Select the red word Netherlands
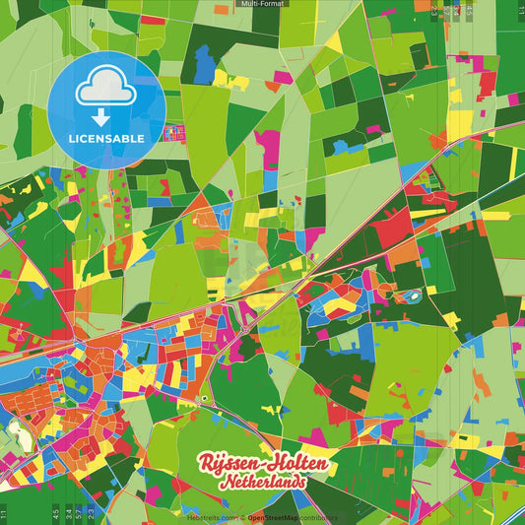pos(264,483)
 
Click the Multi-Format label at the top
pos(262,4)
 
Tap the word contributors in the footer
pos(318,516)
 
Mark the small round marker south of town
pos(204,399)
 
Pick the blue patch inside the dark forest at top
pos(204,65)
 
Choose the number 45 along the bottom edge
pos(53,512)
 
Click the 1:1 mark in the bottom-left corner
pos(4,512)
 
